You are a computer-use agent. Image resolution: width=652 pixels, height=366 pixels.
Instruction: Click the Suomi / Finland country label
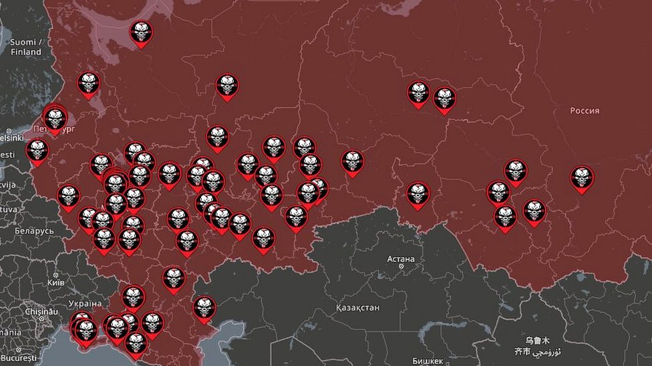tap(26, 47)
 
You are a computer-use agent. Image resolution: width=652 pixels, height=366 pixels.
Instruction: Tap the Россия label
tap(585, 111)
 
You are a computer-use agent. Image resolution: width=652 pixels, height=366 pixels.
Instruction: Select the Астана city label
tap(401, 259)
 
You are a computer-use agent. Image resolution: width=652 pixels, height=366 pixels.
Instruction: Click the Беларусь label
tap(34, 231)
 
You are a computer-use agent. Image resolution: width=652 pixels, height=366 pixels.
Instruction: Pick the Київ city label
tap(56, 283)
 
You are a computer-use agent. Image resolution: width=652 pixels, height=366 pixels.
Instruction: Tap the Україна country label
tap(85, 303)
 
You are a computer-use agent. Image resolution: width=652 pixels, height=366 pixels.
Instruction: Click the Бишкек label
tap(428, 361)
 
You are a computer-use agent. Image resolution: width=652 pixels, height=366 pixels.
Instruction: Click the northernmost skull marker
tap(141, 32)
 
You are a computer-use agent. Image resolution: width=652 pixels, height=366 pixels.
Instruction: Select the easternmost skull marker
tap(582, 177)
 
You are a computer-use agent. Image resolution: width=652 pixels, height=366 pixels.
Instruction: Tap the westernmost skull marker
tap(37, 150)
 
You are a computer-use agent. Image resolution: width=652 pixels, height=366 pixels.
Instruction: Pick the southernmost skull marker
tap(136, 342)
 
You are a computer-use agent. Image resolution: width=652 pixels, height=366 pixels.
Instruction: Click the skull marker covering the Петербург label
tap(55, 119)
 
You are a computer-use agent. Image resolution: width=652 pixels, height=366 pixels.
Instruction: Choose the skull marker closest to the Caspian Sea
tap(204, 307)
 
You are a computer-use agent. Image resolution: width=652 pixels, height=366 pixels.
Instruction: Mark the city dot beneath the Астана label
tap(401, 267)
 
